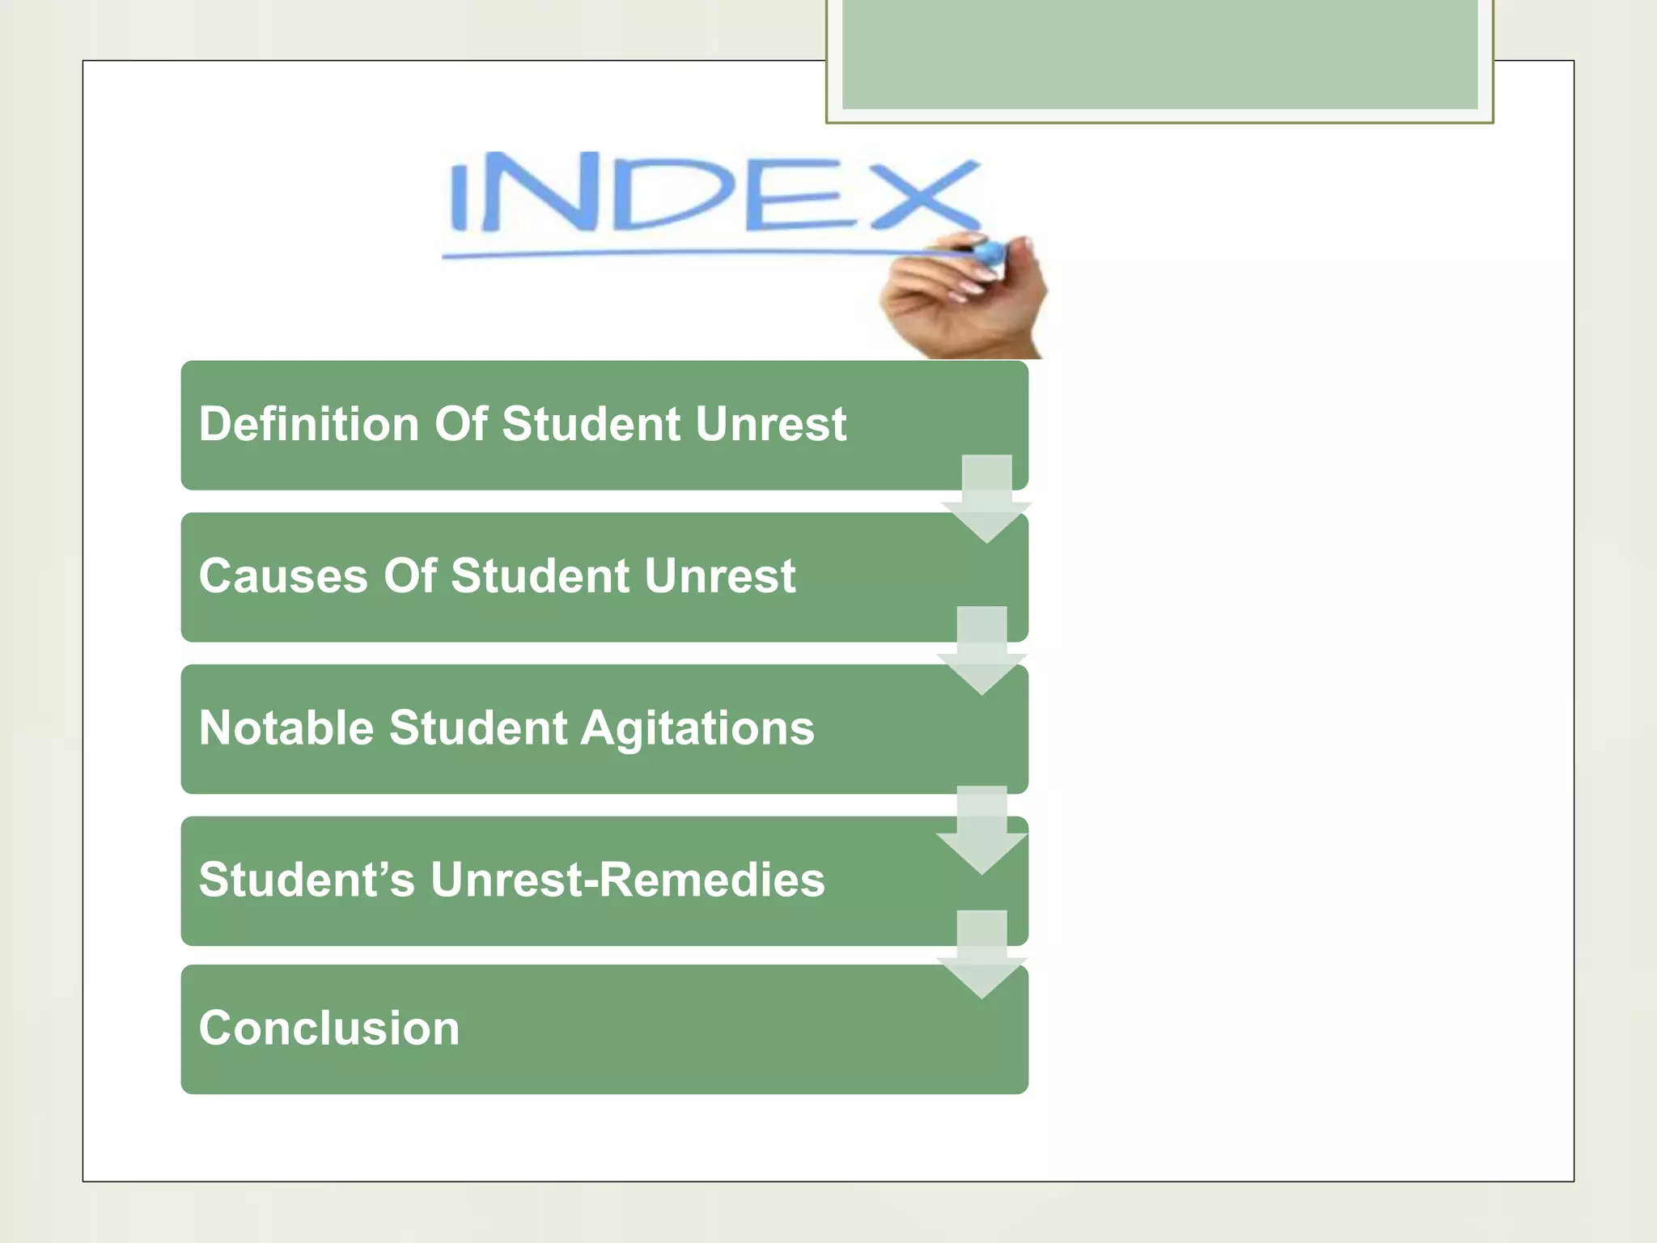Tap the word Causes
pos(283,576)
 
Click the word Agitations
pos(697,728)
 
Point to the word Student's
pos(307,880)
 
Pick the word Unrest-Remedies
pos(627,880)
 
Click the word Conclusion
pos(328,1029)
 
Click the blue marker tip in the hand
pos(989,253)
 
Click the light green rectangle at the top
pos(1159,53)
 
